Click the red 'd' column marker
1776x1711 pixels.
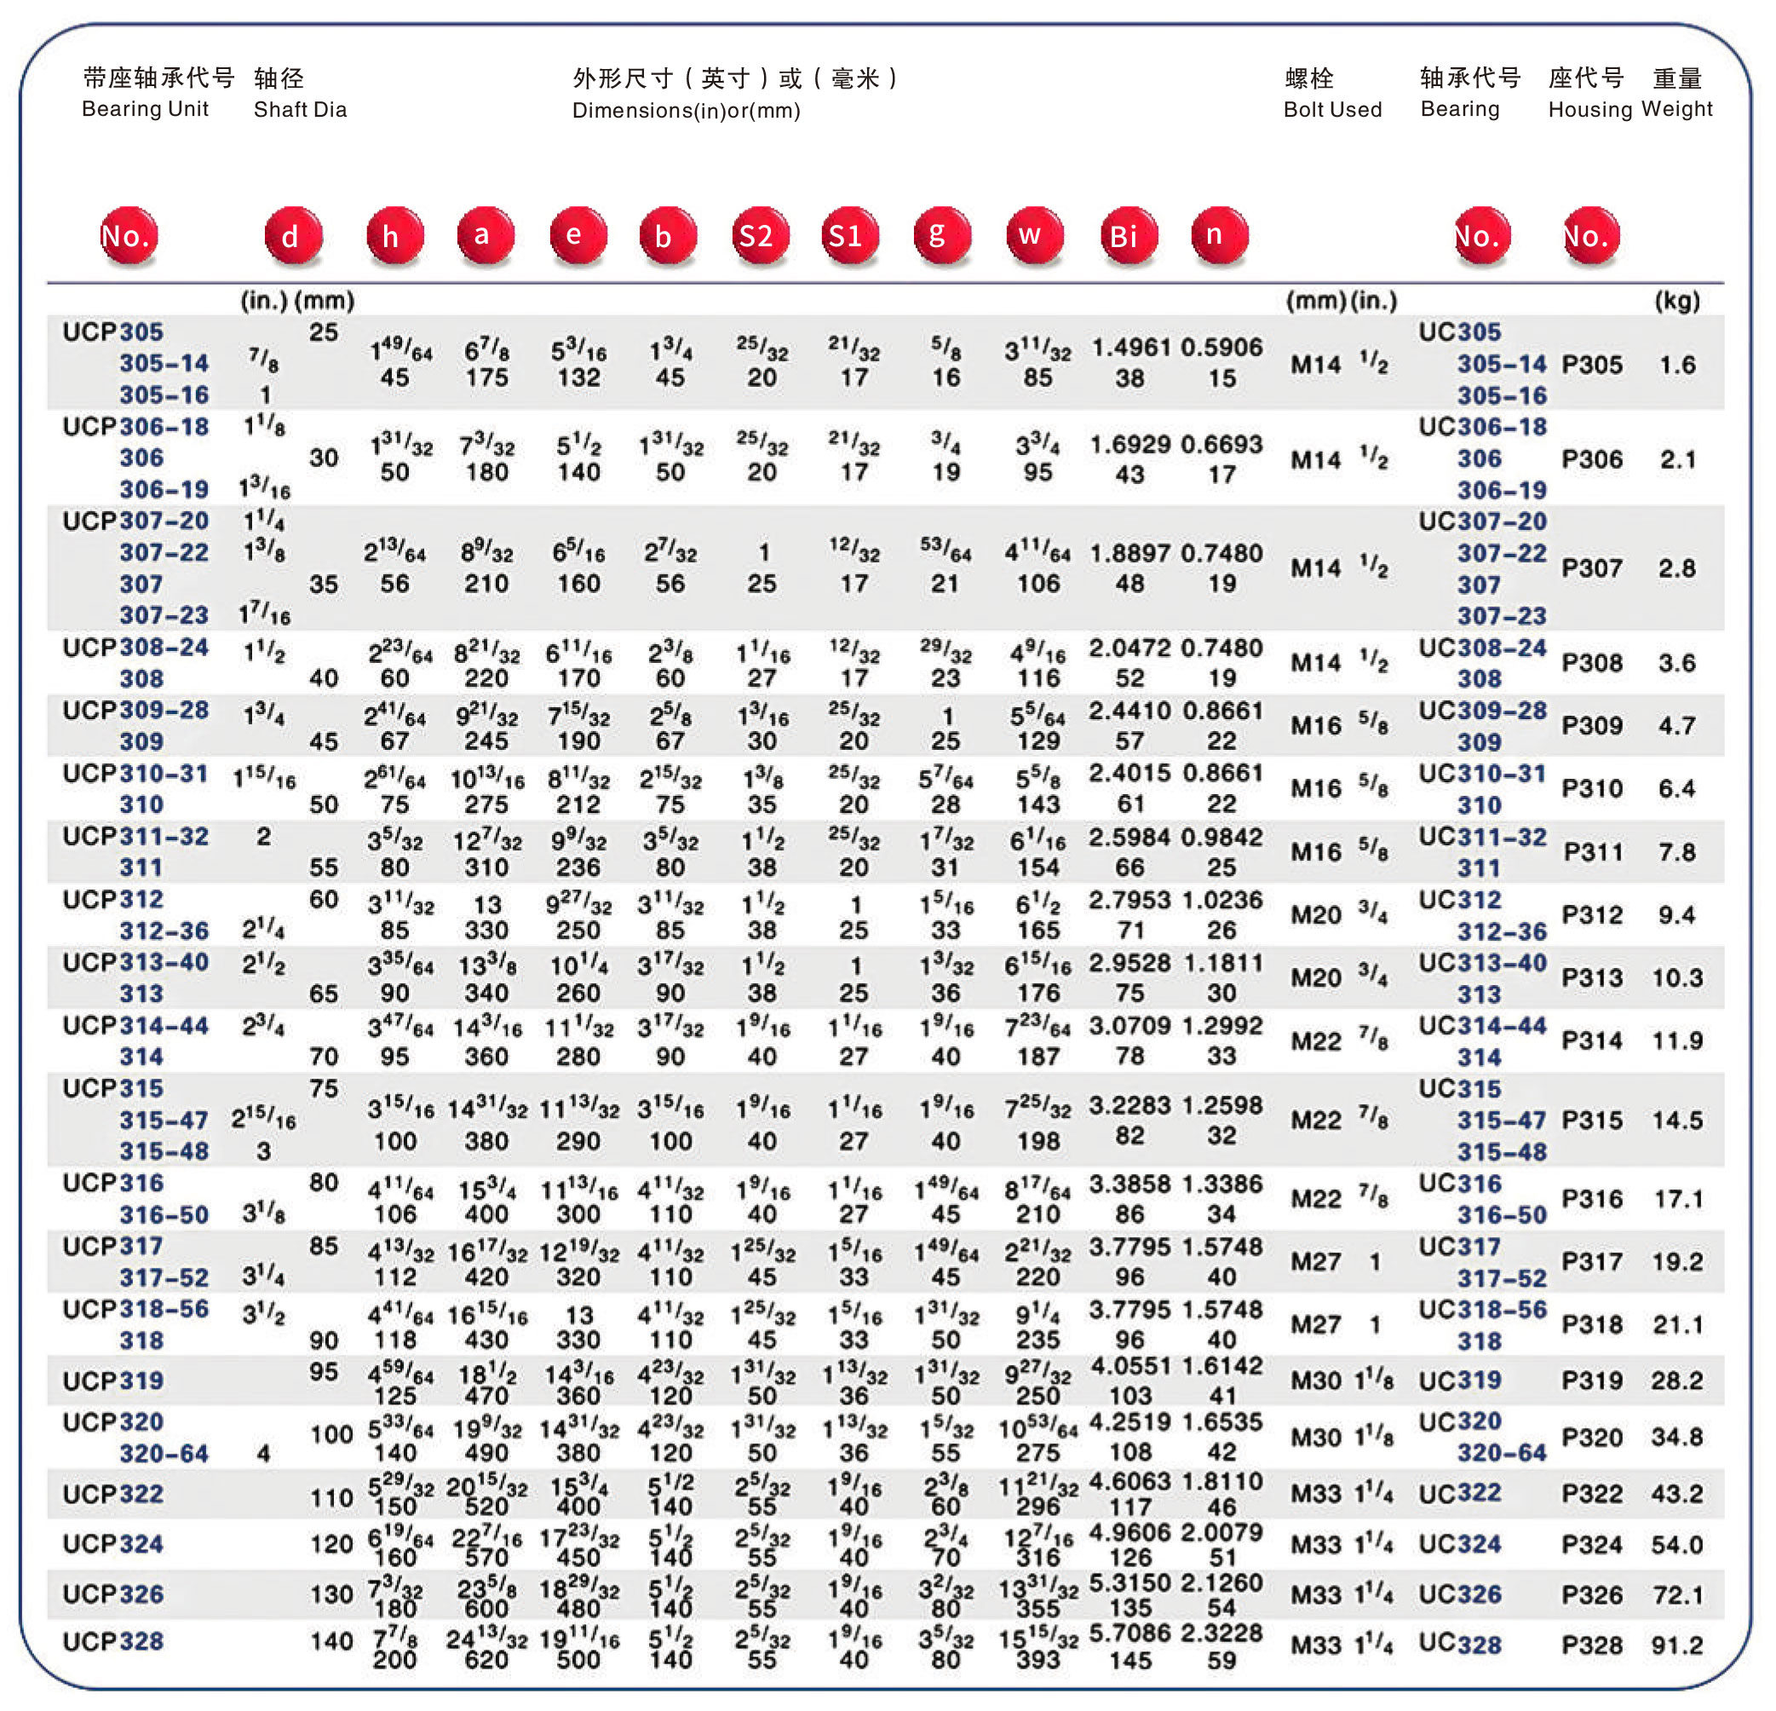(293, 236)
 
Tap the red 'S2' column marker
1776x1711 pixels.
(759, 236)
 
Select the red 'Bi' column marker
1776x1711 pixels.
(1127, 236)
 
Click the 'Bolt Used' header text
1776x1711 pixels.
(1332, 110)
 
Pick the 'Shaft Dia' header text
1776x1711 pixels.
(300, 110)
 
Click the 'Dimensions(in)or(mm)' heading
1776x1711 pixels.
(686, 111)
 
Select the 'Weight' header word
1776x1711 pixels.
(1676, 109)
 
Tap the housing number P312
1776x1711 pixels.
(1592, 915)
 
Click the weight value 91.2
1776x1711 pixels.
(1676, 1645)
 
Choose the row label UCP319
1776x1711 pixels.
(113, 1380)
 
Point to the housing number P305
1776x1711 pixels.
(1592, 365)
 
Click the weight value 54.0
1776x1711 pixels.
(1676, 1544)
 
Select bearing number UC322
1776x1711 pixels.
(1460, 1494)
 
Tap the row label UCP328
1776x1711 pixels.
(113, 1641)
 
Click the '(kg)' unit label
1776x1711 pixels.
(1676, 301)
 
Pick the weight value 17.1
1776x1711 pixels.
(1678, 1199)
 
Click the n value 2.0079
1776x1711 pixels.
(1221, 1532)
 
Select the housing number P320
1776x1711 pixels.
(1592, 1437)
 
